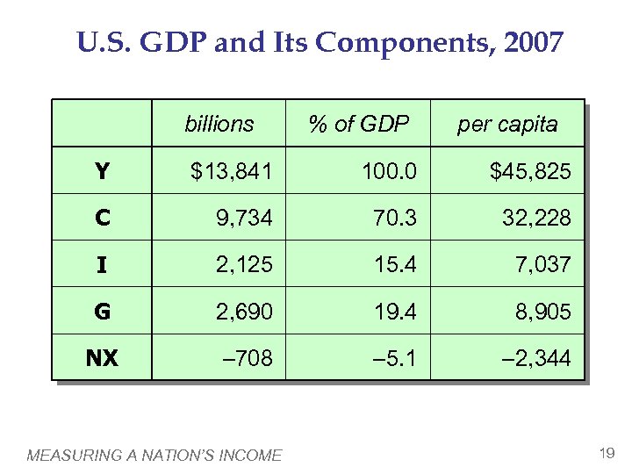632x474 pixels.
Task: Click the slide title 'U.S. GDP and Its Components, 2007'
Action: point(320,42)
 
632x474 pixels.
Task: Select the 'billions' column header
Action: point(219,124)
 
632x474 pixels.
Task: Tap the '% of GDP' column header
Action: point(358,124)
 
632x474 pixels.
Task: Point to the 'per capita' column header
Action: point(506,124)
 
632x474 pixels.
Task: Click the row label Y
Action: point(103,171)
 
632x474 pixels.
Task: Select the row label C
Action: point(103,218)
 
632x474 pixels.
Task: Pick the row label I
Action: point(103,264)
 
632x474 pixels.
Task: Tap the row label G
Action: point(103,311)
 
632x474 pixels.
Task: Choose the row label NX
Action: point(103,357)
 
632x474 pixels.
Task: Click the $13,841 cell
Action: point(232,171)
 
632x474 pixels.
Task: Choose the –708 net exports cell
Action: point(248,357)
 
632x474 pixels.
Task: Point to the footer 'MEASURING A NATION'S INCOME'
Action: point(154,455)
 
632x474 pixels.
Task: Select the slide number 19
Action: point(606,453)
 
